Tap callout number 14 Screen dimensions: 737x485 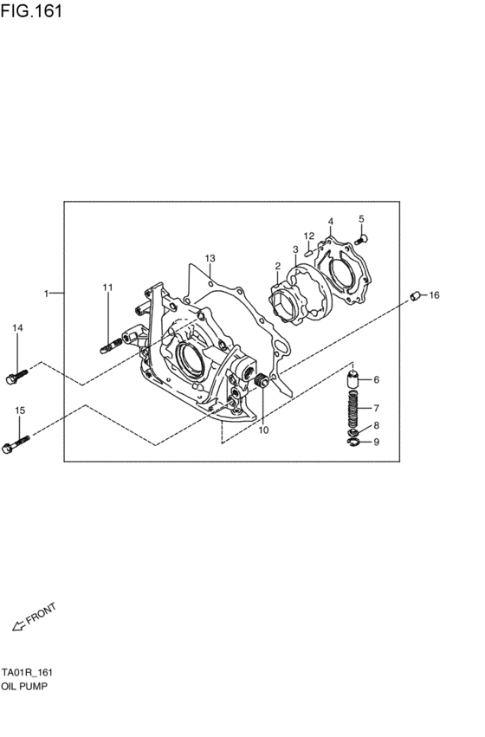pyautogui.click(x=17, y=327)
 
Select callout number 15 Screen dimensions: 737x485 pyautogui.click(x=19, y=410)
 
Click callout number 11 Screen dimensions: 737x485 pyautogui.click(x=107, y=287)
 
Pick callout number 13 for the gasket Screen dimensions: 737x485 pyautogui.click(x=209, y=258)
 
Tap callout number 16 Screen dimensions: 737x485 pyautogui.click(x=434, y=295)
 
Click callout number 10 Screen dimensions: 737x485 pyautogui.click(x=263, y=430)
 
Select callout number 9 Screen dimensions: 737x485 pyautogui.click(x=375, y=443)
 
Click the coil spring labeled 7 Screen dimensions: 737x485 pyautogui.click(x=353, y=407)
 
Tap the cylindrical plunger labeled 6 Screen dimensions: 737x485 pyautogui.click(x=352, y=379)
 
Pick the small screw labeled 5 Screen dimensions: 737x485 pyautogui.click(x=362, y=237)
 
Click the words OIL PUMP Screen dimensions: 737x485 pyautogui.click(x=24, y=685)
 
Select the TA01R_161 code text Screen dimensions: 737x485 pyautogui.click(x=29, y=672)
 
